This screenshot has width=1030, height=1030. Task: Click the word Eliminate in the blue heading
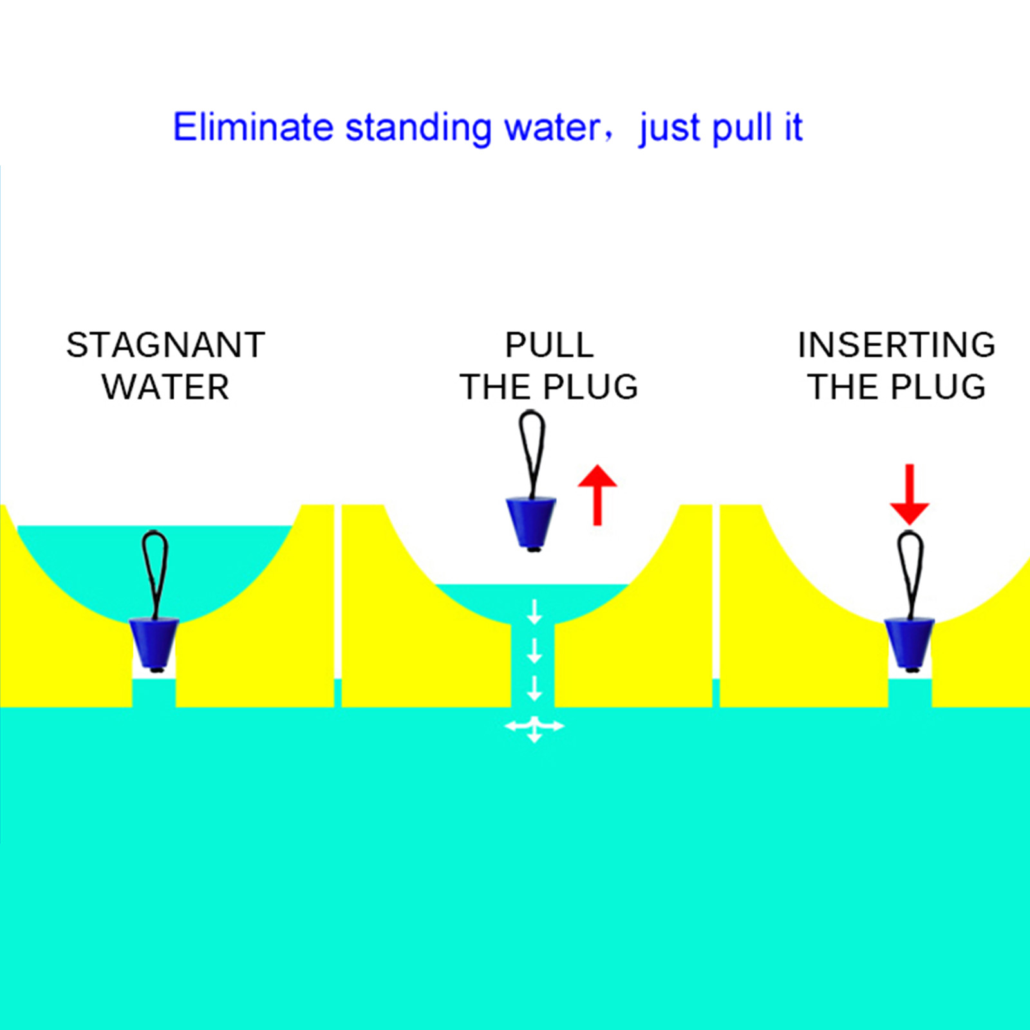253,127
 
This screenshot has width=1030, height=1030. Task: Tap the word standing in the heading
419,128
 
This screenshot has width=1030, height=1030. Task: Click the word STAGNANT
165,345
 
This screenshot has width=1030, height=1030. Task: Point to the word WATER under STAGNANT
165,387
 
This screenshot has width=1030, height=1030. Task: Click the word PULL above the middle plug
549,345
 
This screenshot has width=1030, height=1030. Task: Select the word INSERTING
897,345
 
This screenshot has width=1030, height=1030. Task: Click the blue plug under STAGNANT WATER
154,642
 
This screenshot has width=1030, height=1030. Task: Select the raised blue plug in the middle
531,521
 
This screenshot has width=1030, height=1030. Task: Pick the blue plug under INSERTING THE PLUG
908,642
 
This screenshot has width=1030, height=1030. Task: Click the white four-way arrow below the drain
534,727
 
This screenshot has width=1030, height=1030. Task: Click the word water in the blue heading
552,128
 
